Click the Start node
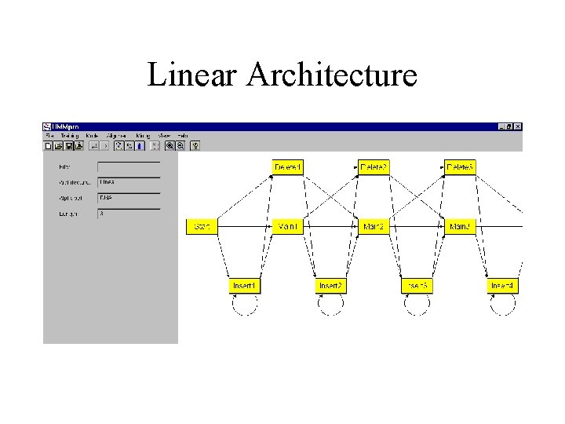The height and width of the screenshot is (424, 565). (202, 226)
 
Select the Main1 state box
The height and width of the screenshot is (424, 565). (288, 226)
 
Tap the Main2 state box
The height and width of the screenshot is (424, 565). (374, 226)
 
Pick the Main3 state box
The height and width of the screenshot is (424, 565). (460, 226)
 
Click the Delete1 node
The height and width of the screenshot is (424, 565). (288, 167)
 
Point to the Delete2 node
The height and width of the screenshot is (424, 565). (374, 167)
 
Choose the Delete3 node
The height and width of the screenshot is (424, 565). (460, 167)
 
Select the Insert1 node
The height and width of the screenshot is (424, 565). (245, 286)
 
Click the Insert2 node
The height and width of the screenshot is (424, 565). (330, 286)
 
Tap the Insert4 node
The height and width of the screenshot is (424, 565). (502, 286)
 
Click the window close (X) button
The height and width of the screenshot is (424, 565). (518, 126)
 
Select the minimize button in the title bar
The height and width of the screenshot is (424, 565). (502, 126)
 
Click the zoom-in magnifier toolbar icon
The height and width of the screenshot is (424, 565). (169, 145)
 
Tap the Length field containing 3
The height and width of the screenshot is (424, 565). (128, 214)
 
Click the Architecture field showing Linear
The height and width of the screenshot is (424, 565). (128, 182)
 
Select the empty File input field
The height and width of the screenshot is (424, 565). (128, 166)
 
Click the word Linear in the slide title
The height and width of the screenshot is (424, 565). (192, 75)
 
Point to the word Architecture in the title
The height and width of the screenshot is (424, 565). (331, 75)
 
